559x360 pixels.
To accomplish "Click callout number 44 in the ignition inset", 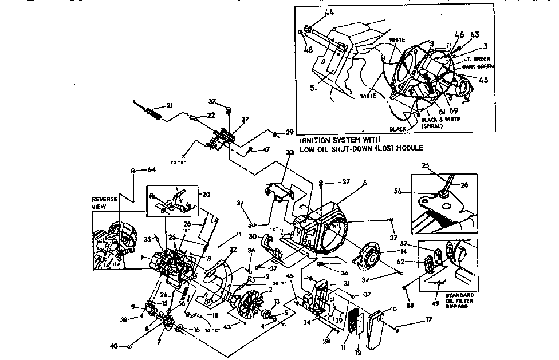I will click(313, 13).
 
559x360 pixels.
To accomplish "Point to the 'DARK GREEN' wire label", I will click(478, 66).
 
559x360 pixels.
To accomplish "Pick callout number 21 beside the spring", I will click(169, 105).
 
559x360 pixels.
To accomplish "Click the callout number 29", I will click(289, 132).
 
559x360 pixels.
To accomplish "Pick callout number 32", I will click(217, 249).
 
